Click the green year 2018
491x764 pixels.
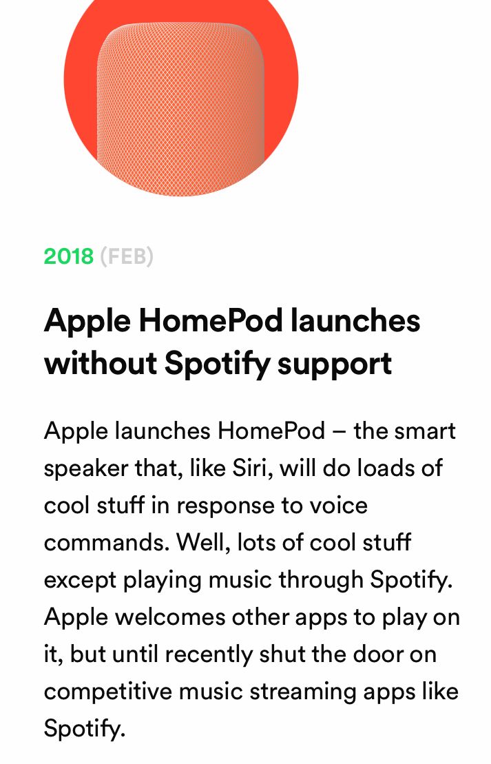[x=68, y=256]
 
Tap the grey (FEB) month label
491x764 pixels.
[x=127, y=256]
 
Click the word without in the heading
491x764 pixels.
[x=101, y=364]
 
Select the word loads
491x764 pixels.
[x=385, y=468]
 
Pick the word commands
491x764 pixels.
[x=107, y=543]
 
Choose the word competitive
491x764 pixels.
[x=108, y=692]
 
